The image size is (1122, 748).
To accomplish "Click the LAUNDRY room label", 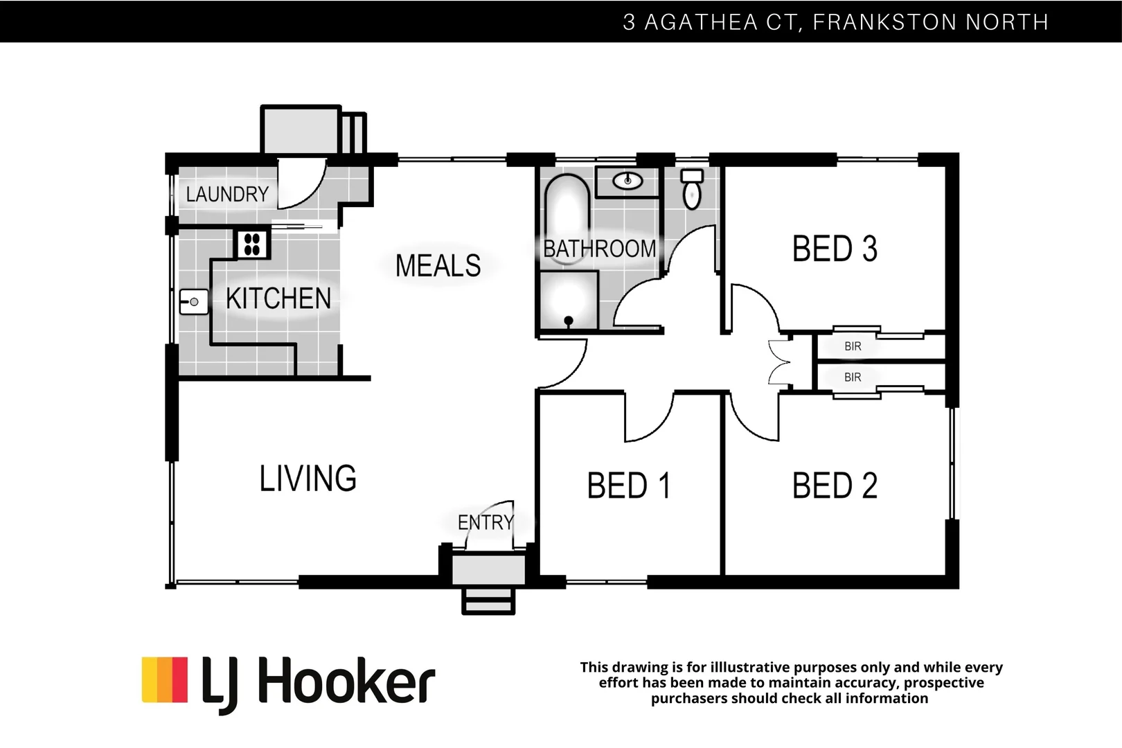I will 227,195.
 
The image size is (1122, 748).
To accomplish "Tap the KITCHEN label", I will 278,299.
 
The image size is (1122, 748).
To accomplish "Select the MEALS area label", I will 438,266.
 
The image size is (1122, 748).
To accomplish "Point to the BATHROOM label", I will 599,249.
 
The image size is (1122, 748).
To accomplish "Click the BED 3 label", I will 835,249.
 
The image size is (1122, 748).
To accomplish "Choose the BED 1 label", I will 629,486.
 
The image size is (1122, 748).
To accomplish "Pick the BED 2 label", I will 835,486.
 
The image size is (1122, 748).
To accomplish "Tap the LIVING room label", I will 308,479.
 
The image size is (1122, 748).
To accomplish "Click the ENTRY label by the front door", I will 486,522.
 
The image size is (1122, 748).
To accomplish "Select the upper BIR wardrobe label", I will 853,346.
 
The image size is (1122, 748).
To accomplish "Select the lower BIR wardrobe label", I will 853,377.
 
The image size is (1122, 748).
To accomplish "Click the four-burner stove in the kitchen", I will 252,244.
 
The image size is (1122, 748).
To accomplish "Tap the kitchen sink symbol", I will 193,302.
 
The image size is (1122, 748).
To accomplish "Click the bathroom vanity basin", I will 627,181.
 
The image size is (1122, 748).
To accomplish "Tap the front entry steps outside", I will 488,600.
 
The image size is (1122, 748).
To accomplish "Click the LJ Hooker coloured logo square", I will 165,679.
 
